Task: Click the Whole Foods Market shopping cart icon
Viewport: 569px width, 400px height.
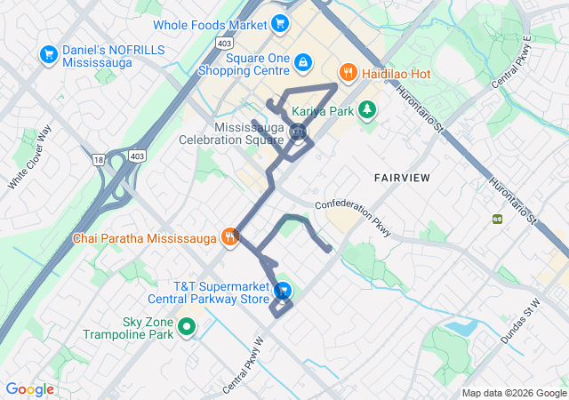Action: pyautogui.click(x=279, y=24)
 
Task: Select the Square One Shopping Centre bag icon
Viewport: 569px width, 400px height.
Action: pyautogui.click(x=304, y=61)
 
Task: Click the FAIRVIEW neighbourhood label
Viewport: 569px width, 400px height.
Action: pyautogui.click(x=402, y=178)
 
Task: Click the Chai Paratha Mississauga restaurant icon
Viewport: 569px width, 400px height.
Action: pyautogui.click(x=230, y=236)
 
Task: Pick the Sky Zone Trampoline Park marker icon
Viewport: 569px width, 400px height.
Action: pyautogui.click(x=187, y=328)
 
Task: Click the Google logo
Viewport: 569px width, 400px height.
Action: pyautogui.click(x=29, y=389)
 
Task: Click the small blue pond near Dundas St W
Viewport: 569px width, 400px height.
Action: pyautogui.click(x=461, y=327)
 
